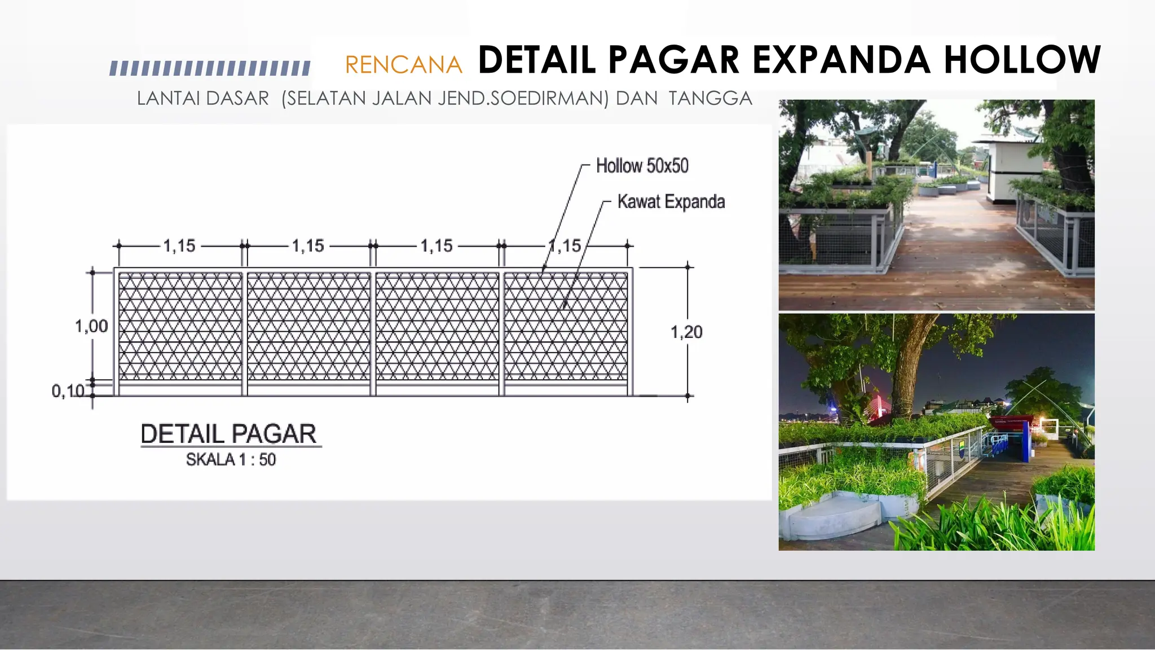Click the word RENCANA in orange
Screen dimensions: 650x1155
click(x=403, y=65)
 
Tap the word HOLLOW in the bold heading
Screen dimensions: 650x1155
click(x=1022, y=60)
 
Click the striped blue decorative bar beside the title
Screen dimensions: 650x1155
click(x=210, y=68)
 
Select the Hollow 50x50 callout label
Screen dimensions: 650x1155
click(x=642, y=166)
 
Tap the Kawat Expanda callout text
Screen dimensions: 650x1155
click(x=671, y=201)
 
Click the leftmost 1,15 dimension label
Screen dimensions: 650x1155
click(x=179, y=246)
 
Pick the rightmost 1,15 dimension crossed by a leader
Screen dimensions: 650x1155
click(x=565, y=246)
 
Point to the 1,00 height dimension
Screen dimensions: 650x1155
click(x=91, y=326)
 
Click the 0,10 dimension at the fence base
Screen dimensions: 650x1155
click(x=68, y=391)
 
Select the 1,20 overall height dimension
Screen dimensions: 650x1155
click(x=686, y=332)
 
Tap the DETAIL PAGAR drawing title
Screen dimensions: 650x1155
click(x=228, y=434)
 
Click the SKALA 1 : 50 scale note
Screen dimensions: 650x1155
click(x=231, y=460)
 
